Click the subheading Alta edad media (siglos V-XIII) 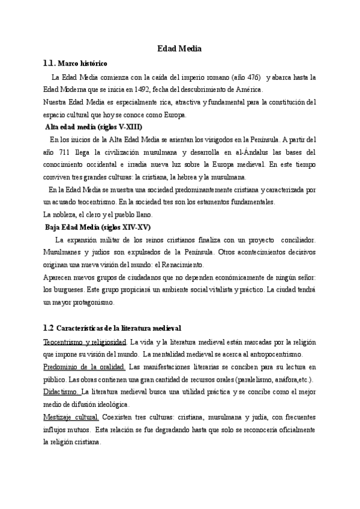click(x=95, y=127)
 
